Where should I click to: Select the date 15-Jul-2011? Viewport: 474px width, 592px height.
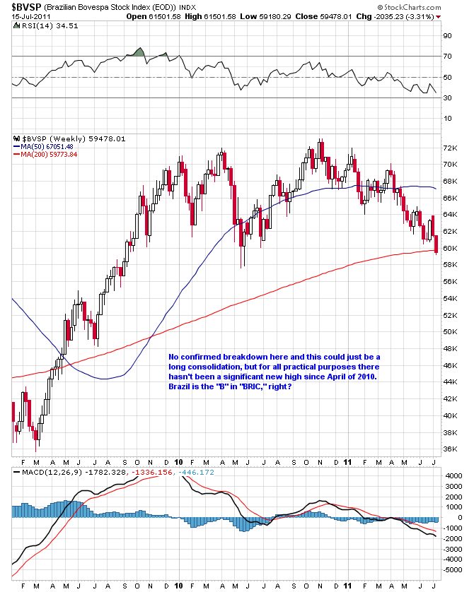23,16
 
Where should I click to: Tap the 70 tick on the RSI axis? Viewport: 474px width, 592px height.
446,56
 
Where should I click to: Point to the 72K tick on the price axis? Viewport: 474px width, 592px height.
450,148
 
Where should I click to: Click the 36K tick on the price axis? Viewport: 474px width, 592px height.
450,449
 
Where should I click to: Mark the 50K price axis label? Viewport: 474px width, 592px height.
450,332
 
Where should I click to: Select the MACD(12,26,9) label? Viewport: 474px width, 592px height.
45,471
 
